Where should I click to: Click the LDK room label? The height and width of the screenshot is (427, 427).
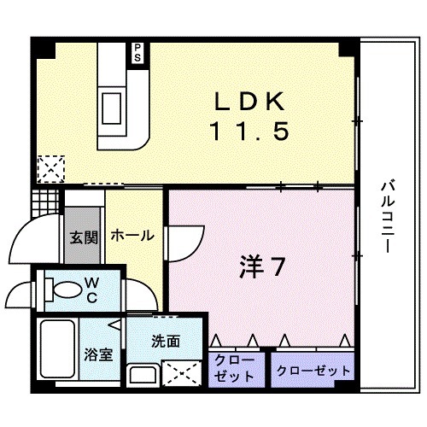249,102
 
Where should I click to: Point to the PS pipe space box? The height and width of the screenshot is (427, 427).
136,53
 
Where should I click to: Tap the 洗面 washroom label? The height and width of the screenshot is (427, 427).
165,341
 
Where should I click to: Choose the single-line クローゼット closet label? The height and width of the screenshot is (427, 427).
313,370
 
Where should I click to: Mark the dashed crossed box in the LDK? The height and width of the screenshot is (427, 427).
51,168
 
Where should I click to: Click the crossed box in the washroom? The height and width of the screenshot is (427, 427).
178,372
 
